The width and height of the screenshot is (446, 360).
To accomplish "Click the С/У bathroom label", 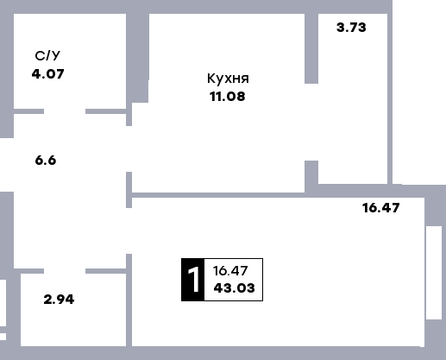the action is (47, 55).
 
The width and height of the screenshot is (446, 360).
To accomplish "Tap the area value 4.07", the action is (47, 74).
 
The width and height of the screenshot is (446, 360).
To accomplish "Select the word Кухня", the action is (228, 79).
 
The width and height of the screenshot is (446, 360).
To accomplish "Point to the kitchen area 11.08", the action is (228, 97).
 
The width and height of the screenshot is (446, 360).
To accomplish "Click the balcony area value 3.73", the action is (351, 28).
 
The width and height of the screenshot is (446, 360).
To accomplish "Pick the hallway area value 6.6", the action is (46, 160).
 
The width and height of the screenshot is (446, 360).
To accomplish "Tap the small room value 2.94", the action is (59, 300).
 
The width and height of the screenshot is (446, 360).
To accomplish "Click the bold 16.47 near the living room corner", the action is (380, 208).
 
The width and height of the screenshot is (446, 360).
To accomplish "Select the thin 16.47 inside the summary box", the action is (230, 271).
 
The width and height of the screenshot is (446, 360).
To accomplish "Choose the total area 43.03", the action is (234, 288).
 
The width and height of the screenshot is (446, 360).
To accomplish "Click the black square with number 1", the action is (193, 280).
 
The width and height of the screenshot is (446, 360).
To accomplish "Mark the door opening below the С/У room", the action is (65, 111).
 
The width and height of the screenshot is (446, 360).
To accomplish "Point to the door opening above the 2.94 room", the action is (65, 271).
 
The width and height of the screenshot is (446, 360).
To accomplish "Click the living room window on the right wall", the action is (434, 273).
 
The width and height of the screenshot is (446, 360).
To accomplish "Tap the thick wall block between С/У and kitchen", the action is (137, 58).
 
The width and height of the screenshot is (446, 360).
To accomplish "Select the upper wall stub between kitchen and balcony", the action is (311, 48).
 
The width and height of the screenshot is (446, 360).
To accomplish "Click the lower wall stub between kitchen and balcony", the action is (311, 176).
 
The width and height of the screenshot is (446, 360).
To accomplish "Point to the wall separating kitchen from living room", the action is (218, 195).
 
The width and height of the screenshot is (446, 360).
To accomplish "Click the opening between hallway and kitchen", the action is (129, 148).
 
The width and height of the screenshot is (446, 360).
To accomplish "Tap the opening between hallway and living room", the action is (129, 231).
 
